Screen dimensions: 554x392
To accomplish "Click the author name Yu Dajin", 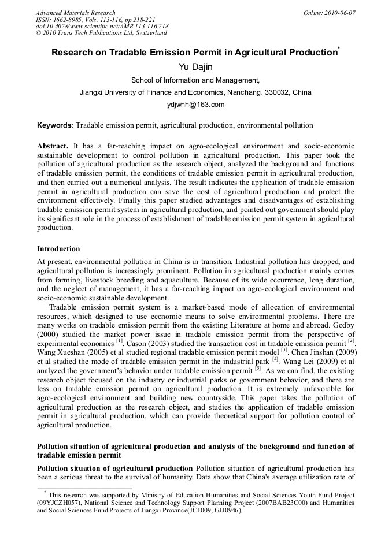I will tap(195, 67).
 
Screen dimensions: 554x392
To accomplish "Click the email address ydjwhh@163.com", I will tap(195, 105).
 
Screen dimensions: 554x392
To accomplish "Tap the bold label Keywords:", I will tap(56, 125).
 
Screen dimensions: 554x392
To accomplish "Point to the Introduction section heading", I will tap(58, 249).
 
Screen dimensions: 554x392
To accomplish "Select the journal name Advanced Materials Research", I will tap(75, 13).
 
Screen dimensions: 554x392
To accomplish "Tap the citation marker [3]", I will tap(284, 350).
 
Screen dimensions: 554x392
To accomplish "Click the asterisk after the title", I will tap(338, 50).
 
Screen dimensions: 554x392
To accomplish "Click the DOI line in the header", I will tap(102, 27).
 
